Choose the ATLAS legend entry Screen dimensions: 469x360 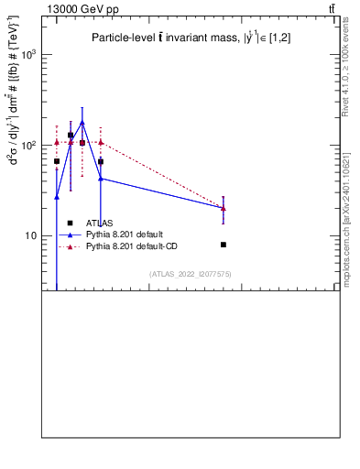101,223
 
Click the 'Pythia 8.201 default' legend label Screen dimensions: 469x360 125,234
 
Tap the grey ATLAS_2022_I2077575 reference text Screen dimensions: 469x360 191,274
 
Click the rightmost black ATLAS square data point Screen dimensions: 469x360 224,245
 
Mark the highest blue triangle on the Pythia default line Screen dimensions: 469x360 82,122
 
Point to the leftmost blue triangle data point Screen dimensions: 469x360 57,197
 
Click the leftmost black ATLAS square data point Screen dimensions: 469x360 57,161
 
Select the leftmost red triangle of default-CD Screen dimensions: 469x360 57,142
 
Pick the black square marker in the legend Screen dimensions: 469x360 70,223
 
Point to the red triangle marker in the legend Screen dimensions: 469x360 70,246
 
